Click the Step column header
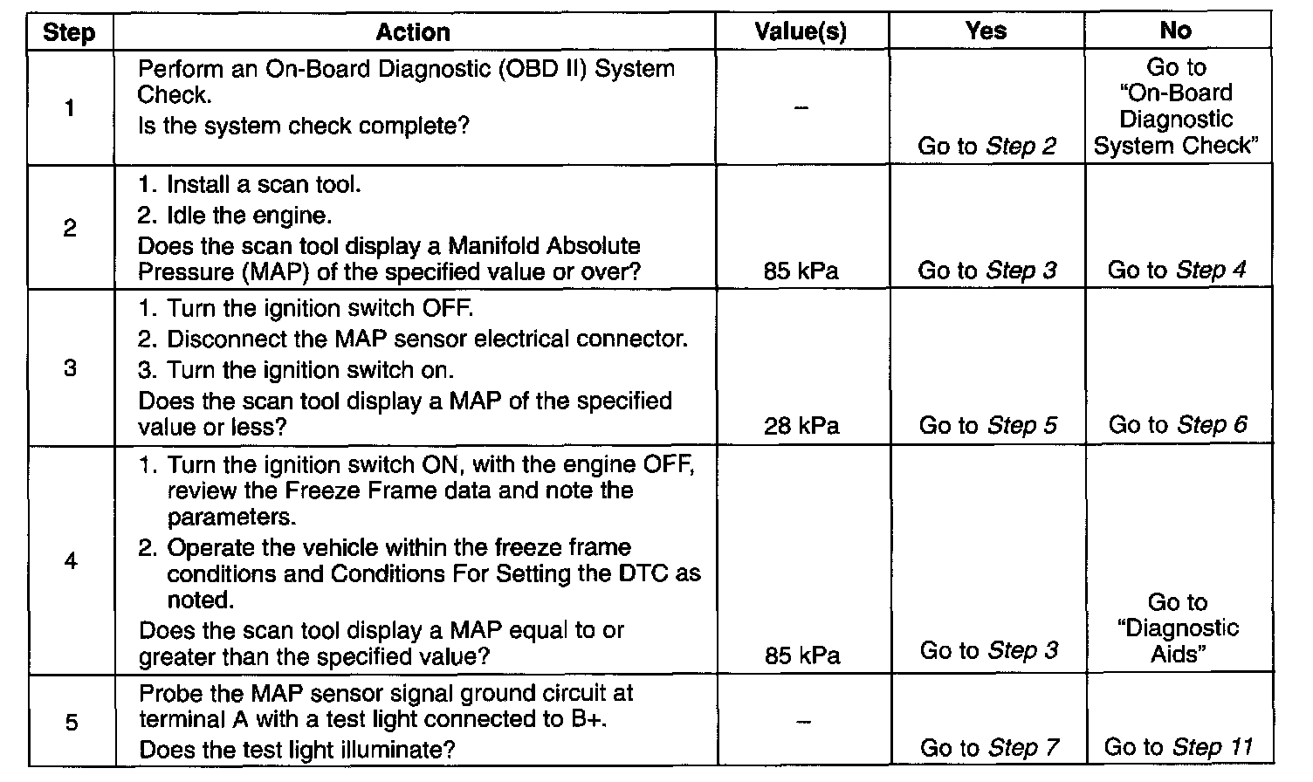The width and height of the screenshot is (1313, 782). [x=69, y=33]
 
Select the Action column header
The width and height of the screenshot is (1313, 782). [x=413, y=32]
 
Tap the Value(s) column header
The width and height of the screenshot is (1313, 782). [x=801, y=32]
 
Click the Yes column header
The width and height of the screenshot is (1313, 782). [x=986, y=31]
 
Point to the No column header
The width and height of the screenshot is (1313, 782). [x=1176, y=31]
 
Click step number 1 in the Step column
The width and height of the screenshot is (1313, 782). [x=69, y=108]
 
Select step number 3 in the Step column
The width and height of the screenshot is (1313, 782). [x=70, y=368]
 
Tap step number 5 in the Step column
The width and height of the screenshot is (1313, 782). [x=71, y=723]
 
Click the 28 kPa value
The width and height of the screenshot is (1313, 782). [x=801, y=426]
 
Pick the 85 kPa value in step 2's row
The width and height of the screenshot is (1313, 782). [x=801, y=271]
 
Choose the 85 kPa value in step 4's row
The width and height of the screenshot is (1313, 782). [x=801, y=655]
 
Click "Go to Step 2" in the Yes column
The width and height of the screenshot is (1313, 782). [x=986, y=147]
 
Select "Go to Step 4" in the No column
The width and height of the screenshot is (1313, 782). [x=1177, y=271]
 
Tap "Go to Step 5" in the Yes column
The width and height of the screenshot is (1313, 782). [x=987, y=426]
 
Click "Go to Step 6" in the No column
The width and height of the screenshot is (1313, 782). [x=1178, y=425]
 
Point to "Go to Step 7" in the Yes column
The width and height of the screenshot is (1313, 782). [x=989, y=748]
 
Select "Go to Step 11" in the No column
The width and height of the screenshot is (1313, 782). [x=1178, y=747]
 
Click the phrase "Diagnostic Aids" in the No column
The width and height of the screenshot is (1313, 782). [x=1178, y=641]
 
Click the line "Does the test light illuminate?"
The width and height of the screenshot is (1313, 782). [x=298, y=749]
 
